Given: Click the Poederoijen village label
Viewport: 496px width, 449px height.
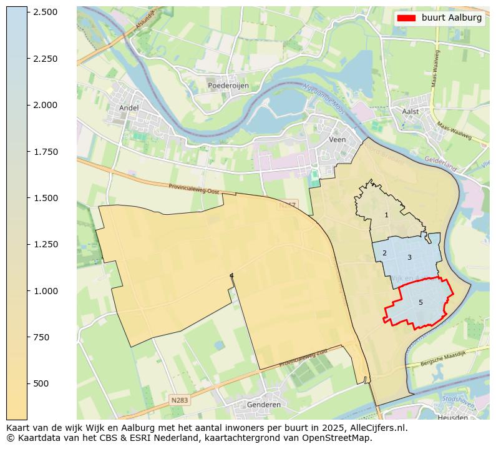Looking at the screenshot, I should point(228,86).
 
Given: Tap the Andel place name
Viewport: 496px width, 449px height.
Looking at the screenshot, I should point(129,107).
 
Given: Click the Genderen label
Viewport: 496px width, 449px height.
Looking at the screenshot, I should point(263,405).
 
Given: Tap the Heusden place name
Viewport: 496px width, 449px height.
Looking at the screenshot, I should point(452,417).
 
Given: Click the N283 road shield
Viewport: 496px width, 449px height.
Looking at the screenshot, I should point(179,399).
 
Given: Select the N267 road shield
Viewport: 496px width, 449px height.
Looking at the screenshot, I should point(288,204).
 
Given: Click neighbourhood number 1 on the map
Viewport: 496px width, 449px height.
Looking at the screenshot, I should point(386,215).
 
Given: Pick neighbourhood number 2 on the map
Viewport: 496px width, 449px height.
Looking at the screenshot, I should point(384,253).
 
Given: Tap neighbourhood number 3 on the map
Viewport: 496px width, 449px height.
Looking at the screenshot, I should point(409,257).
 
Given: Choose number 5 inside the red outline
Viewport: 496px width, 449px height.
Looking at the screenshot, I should point(421,302).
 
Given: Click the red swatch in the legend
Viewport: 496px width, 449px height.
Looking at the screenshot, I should point(406,18).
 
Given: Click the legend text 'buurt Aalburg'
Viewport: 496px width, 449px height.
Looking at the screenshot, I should point(452,18).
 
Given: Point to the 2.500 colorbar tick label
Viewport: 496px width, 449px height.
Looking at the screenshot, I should point(45,12).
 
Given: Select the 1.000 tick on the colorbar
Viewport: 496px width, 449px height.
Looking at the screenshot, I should point(45,290).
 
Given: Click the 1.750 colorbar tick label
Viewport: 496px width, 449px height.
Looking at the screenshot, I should point(45,152).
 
